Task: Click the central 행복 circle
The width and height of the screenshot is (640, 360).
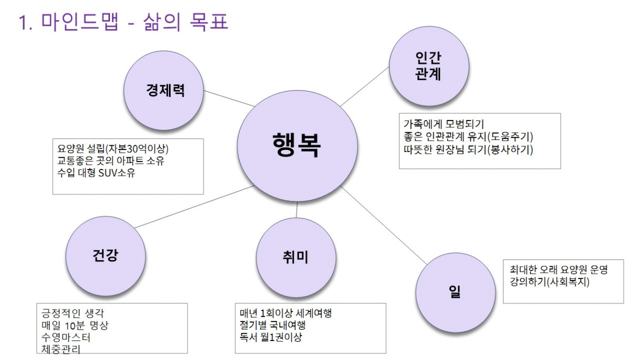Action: (x=297, y=146)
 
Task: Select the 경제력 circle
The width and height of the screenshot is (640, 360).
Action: (x=164, y=91)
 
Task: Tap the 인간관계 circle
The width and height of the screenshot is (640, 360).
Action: (x=429, y=66)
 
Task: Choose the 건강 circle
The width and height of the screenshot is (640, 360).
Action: (x=105, y=256)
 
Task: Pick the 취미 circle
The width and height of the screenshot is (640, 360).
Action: (x=296, y=258)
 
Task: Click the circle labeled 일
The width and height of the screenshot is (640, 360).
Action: (x=455, y=293)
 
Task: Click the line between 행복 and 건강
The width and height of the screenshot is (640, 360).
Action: (x=194, y=207)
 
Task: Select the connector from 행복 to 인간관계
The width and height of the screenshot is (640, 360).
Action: (x=365, y=86)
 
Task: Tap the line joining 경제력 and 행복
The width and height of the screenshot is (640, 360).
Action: (x=229, y=98)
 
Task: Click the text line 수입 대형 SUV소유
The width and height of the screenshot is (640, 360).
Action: (x=96, y=173)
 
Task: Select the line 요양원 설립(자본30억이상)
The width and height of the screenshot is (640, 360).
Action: (x=113, y=149)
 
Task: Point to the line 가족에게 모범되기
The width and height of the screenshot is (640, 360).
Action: (x=444, y=124)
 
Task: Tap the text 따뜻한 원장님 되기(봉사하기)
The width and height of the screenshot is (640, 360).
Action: (x=468, y=149)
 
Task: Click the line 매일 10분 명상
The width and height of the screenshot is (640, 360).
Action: (x=75, y=325)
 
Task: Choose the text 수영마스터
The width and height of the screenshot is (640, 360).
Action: (x=66, y=337)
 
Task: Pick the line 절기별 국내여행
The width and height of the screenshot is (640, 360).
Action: (x=273, y=325)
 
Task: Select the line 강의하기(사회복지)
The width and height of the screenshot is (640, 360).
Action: (x=549, y=282)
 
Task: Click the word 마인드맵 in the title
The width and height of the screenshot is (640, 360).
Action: (x=79, y=22)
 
